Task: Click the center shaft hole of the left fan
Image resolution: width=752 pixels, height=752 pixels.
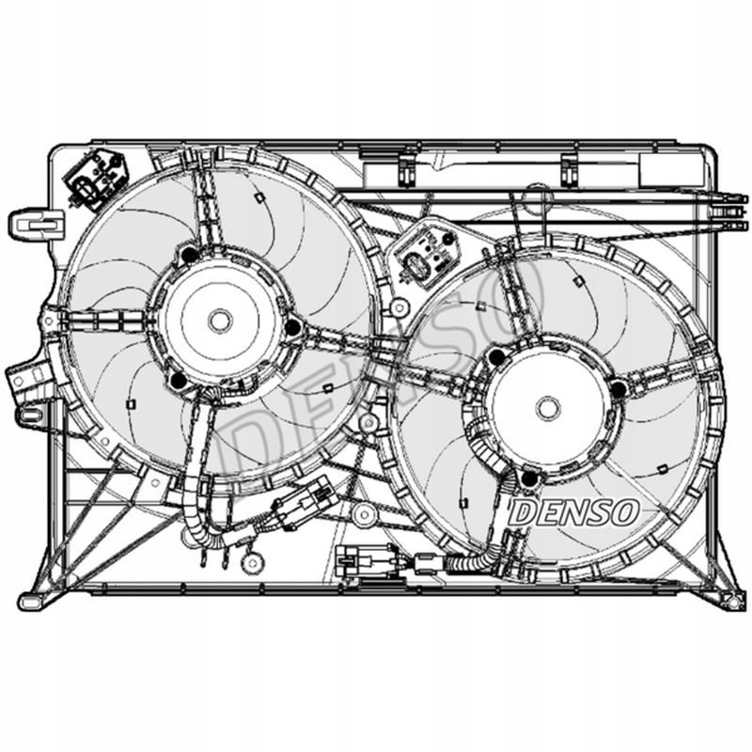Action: coord(220,321)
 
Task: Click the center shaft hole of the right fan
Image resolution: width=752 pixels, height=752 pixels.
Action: coord(548,408)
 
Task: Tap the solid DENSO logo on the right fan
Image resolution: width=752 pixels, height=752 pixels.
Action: coord(573,512)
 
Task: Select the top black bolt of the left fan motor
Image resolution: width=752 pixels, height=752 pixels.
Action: coord(190,255)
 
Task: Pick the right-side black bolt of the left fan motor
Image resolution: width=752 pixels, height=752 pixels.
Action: coord(292,327)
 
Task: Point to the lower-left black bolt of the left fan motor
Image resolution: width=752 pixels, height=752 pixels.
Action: coord(179,380)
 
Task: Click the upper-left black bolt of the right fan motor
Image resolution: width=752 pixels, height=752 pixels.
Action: coord(497,356)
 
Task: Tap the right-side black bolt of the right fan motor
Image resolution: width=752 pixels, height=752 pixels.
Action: coord(619,389)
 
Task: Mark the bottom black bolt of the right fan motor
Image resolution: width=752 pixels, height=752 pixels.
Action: coord(529,478)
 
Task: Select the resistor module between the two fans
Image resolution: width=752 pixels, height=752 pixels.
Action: coord(426,256)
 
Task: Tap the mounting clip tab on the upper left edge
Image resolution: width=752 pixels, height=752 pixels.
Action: coord(37,225)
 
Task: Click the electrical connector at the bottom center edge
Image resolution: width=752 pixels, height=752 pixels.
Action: coord(366,558)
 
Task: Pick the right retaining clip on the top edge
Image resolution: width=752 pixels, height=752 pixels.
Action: coord(570,169)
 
